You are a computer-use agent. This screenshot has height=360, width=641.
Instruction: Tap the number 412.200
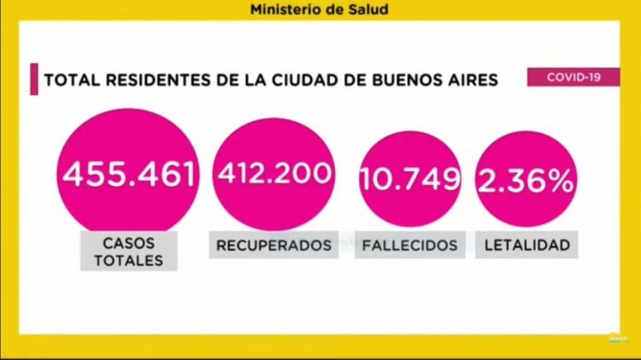point(273,174)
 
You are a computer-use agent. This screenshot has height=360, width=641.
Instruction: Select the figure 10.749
point(411,179)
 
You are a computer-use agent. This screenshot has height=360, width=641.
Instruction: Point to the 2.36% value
point(524,179)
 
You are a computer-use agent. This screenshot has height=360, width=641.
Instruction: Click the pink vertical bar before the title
point(34,79)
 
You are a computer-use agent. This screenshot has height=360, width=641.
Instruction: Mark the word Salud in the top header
point(362,11)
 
